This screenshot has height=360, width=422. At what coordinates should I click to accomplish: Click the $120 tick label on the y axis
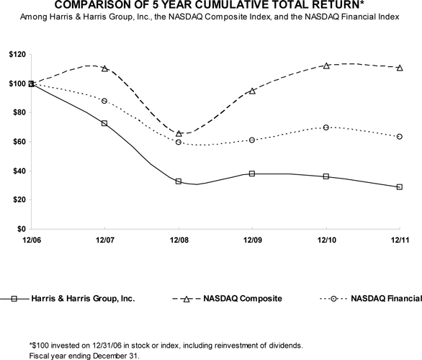pyautogui.click(x=17, y=55)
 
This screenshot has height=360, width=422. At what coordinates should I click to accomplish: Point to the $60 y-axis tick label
pyautogui.click(x=19, y=142)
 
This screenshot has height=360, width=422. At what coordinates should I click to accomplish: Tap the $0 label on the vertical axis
pyautogui.click(x=22, y=229)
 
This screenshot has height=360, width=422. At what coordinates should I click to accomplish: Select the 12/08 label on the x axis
pyautogui.click(x=179, y=240)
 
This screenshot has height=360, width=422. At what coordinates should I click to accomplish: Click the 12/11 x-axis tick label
pyautogui.click(x=400, y=240)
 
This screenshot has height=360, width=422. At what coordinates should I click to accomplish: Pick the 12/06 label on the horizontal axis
pyautogui.click(x=32, y=240)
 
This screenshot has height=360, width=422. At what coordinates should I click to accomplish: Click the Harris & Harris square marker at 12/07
pyautogui.click(x=104, y=123)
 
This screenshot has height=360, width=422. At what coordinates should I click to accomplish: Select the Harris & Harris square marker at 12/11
pyautogui.click(x=400, y=186)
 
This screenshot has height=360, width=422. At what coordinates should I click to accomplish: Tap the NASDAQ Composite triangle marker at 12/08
pyautogui.click(x=179, y=133)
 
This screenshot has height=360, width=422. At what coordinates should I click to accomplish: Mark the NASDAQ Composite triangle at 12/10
pyautogui.click(x=326, y=66)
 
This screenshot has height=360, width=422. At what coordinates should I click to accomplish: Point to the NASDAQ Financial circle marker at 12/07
pyautogui.click(x=104, y=101)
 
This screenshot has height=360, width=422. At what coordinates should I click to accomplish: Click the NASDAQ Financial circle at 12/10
pyautogui.click(x=326, y=127)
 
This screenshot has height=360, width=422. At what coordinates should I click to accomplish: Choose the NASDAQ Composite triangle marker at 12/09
pyautogui.click(x=252, y=91)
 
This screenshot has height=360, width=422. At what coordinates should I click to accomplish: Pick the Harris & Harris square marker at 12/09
pyautogui.click(x=252, y=174)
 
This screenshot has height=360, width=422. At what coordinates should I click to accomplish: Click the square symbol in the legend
pyautogui.click(x=14, y=299)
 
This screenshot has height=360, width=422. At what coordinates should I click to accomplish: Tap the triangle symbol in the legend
pyautogui.click(x=187, y=299)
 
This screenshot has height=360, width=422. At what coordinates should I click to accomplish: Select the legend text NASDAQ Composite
pyautogui.click(x=243, y=298)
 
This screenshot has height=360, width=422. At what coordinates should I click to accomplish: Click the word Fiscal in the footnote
pyautogui.click(x=37, y=356)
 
